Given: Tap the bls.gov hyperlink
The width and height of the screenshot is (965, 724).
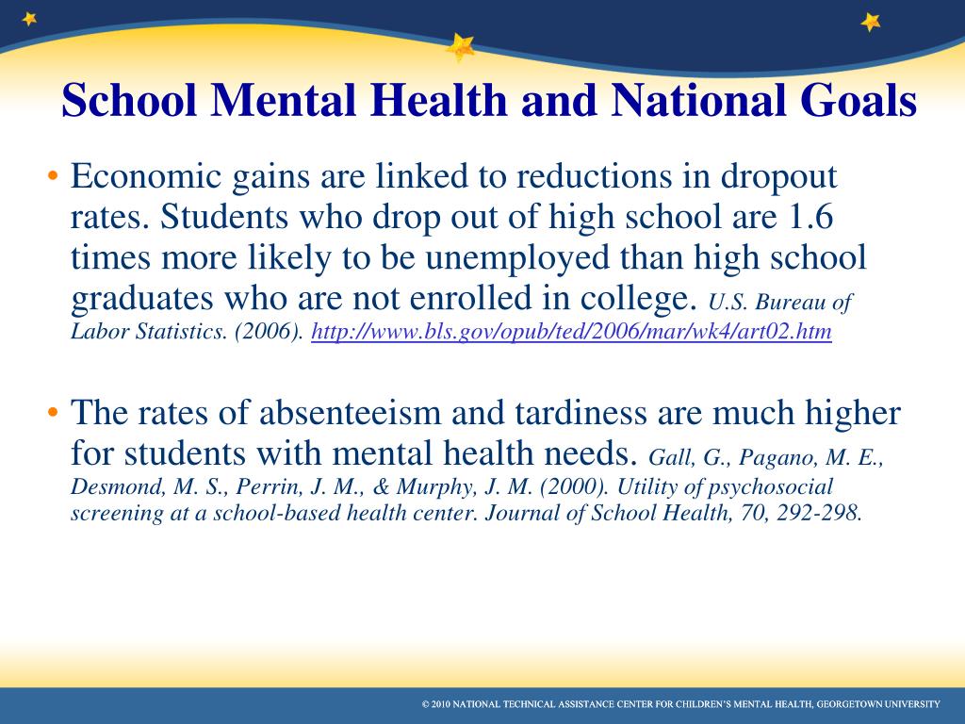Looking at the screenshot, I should pos(571,333).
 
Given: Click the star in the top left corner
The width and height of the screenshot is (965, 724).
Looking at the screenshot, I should pos(30,18).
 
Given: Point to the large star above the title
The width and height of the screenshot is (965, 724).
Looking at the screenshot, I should pos(461,46).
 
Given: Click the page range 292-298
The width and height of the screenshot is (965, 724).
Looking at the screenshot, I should pos(825,515).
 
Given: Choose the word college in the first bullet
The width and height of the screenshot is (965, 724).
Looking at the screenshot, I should pos(643,298).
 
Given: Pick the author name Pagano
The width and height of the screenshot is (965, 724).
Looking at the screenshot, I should pos(773,459).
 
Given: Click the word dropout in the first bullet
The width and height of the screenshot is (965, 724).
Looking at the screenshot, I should pos(779,176).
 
